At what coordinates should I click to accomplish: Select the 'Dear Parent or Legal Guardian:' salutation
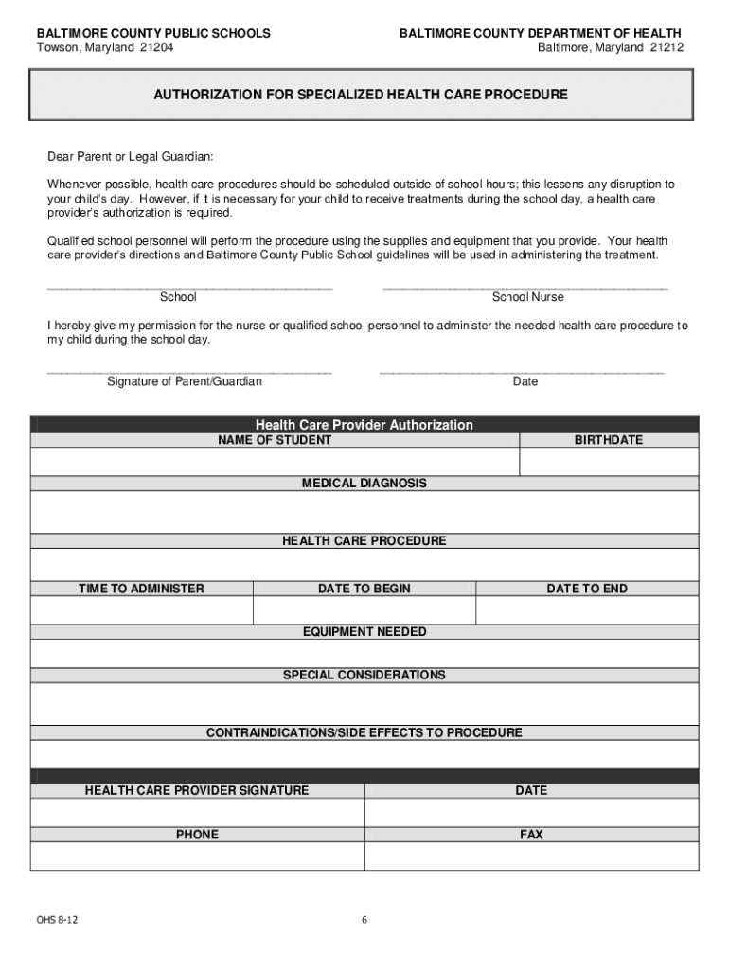pyautogui.click(x=131, y=156)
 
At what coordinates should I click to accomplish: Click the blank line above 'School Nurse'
pyautogui.click(x=525, y=285)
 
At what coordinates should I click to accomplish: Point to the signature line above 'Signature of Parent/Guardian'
pyautogui.click(x=189, y=370)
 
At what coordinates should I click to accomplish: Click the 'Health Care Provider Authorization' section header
pyautogui.click(x=364, y=425)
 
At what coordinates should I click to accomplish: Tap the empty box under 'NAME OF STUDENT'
pyautogui.click(x=275, y=461)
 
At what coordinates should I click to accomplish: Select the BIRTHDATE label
pyautogui.click(x=608, y=440)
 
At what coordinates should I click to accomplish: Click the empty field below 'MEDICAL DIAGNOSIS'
pyautogui.click(x=364, y=512)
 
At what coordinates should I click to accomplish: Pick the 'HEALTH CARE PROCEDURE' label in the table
pyautogui.click(x=364, y=541)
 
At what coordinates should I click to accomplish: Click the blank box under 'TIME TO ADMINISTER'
pyautogui.click(x=141, y=610)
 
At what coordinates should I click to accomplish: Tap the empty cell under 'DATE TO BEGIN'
pyautogui.click(x=364, y=610)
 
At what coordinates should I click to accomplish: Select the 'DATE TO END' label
pyautogui.click(x=586, y=589)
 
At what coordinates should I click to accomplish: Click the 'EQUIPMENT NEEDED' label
pyautogui.click(x=364, y=631)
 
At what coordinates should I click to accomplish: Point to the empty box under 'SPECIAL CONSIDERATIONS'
pyautogui.click(x=364, y=704)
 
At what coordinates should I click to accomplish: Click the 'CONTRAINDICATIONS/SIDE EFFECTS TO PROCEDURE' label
pyautogui.click(x=364, y=733)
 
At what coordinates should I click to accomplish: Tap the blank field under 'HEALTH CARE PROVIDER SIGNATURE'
pyautogui.click(x=197, y=813)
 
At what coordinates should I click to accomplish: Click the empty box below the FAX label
pyautogui.click(x=531, y=855)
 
